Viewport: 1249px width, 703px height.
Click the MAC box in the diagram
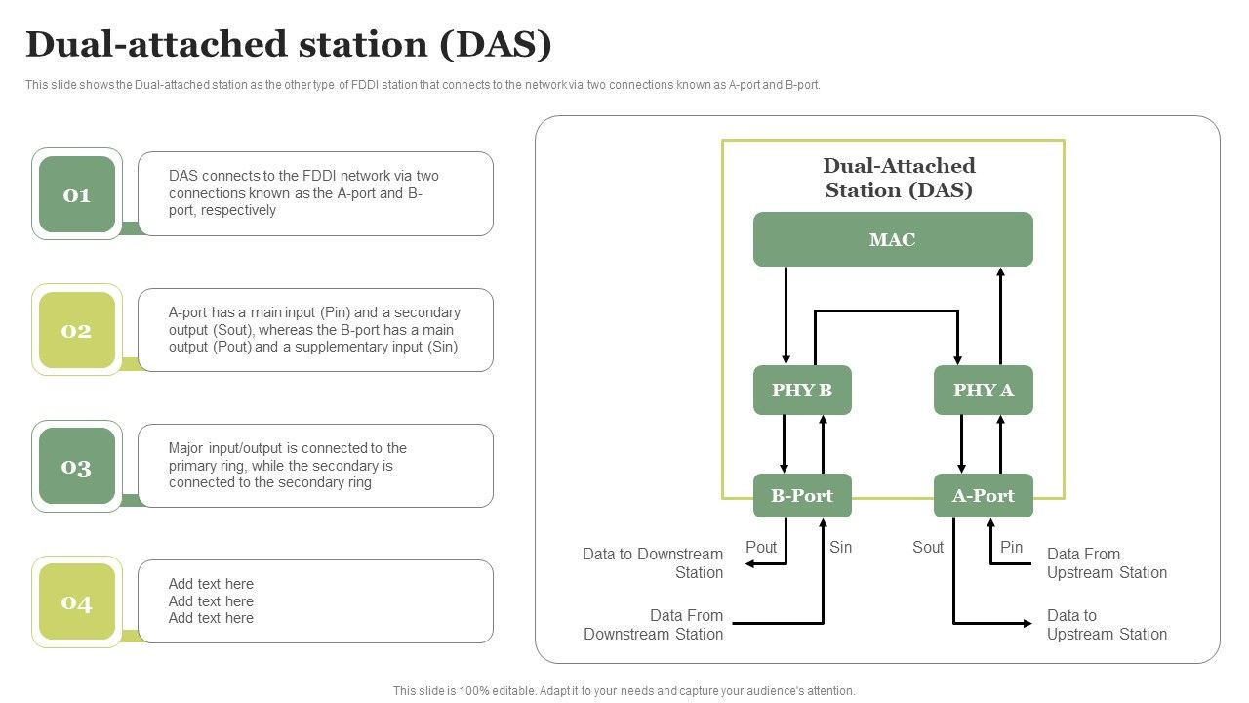tap(893, 239)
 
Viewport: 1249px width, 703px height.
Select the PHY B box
tap(802, 391)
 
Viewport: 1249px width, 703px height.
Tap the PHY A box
tap(983, 391)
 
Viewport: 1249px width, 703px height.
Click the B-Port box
tap(802, 496)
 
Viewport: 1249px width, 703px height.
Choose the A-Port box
tap(983, 496)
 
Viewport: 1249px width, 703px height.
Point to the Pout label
tap(761, 548)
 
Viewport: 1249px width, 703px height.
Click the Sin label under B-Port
tap(840, 548)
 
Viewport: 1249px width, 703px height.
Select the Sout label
tap(928, 548)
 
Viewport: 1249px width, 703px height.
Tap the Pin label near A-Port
tap(1011, 548)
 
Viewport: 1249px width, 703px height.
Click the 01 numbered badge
tap(77, 194)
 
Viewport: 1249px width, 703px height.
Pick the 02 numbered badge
tap(77, 330)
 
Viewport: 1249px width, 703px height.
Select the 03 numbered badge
tap(77, 467)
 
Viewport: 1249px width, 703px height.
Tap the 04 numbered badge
tap(77, 602)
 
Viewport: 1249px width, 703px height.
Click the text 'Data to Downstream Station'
tap(653, 563)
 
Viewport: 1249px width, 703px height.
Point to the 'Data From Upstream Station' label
tap(1107, 563)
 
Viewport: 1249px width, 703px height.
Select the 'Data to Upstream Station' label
tap(1107, 625)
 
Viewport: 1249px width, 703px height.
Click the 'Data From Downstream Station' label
tap(654, 625)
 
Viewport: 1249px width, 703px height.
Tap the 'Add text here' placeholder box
tap(315, 601)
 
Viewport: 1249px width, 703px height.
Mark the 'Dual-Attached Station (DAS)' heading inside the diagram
tap(899, 178)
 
